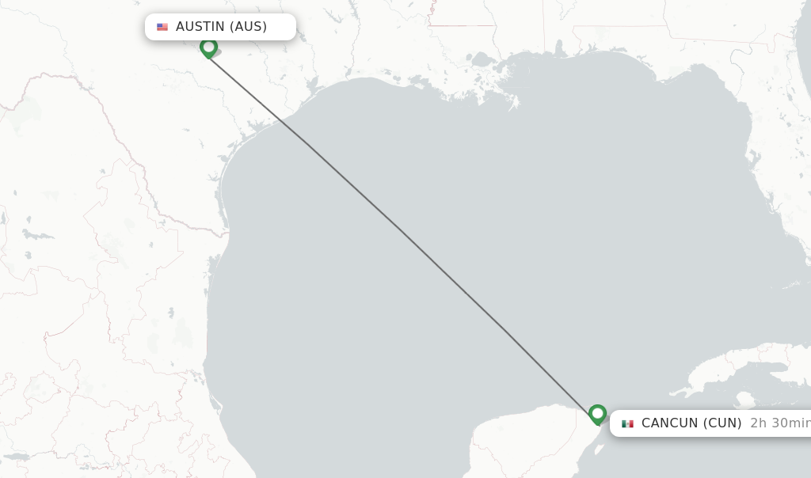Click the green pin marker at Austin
point(208,47)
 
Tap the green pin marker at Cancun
point(597,414)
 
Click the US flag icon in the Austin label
point(162,27)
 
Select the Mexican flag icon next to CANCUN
point(627,423)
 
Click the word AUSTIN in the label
point(200,27)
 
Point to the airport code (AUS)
point(249,27)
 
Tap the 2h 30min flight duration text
point(779,423)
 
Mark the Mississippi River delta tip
point(515,103)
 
